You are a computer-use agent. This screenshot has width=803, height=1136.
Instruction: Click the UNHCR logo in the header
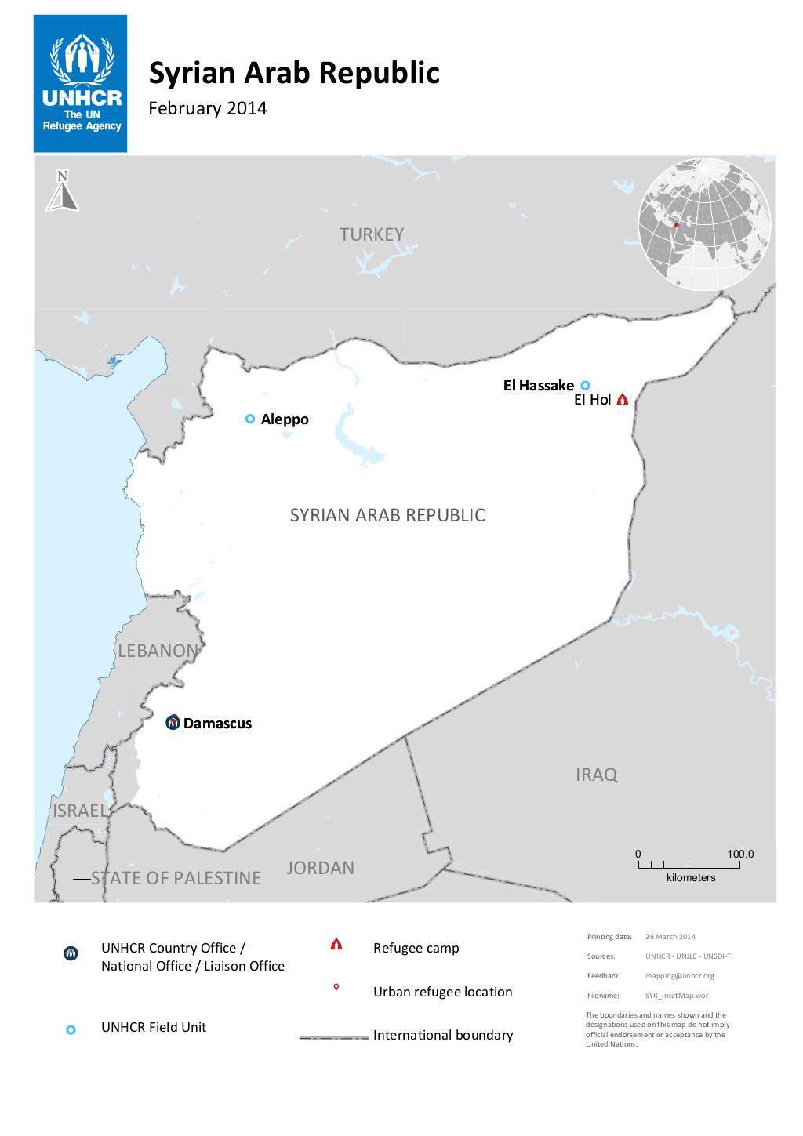point(81,84)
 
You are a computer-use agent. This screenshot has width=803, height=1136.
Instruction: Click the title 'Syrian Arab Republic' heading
point(294,73)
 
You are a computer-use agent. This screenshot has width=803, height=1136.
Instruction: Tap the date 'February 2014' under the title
point(208,108)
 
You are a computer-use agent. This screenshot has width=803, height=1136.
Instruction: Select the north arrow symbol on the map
point(62,191)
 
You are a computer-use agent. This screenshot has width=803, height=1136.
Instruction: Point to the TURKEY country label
point(372,234)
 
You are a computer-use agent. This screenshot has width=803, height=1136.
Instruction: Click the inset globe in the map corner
point(705,223)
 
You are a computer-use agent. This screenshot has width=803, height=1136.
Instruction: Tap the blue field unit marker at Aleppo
point(250,419)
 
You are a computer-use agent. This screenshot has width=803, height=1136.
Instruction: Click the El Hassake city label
point(539,385)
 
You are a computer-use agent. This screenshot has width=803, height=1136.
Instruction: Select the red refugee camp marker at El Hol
point(623,399)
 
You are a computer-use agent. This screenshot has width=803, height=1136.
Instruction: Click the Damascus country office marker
point(173,723)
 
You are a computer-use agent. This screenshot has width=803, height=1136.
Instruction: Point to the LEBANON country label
point(158,651)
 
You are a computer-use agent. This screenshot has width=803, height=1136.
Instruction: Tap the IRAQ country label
point(597,775)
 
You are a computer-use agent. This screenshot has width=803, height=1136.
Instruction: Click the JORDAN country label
point(320,868)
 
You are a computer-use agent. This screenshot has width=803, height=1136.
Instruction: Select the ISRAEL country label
point(79,811)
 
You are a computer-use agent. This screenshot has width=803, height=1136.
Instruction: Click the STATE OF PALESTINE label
point(176,878)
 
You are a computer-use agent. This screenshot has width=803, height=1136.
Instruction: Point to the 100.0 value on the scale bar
point(739,854)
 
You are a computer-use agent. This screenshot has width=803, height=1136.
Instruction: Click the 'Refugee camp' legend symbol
point(336,944)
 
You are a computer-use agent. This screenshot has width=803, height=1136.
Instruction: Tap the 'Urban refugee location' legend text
point(442,992)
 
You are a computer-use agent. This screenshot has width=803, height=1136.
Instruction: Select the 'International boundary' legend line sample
point(333,1036)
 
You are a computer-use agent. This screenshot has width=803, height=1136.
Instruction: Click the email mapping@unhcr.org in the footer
point(679,976)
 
